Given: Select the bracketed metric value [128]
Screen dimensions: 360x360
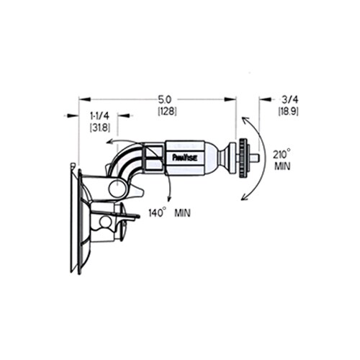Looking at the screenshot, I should click(x=168, y=112).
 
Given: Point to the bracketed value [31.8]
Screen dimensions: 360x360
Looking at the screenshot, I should click(x=99, y=127).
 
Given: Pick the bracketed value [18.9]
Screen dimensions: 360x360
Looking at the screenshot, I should click(x=289, y=112).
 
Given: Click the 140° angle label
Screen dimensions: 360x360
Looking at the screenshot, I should click(x=157, y=212).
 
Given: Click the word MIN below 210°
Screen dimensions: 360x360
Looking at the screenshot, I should click(x=281, y=165).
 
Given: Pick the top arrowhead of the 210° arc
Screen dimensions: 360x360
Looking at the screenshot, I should click(x=244, y=118).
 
